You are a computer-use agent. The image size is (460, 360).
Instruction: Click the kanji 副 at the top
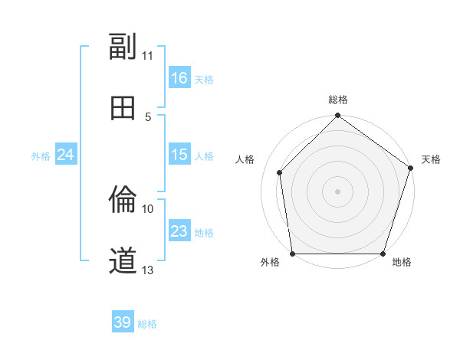(123, 47)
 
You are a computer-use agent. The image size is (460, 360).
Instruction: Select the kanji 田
(123, 108)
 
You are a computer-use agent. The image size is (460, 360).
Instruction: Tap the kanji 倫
(123, 201)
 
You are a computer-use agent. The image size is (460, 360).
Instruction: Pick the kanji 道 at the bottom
(123, 261)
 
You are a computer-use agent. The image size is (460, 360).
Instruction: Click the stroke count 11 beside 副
(148, 56)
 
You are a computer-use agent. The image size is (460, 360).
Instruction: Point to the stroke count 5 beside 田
(148, 116)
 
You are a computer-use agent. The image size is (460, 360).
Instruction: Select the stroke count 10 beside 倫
(148, 208)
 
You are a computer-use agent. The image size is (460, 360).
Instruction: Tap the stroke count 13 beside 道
(148, 270)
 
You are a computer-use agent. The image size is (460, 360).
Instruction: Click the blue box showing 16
(179, 78)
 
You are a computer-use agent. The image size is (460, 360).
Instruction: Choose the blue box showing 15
(179, 155)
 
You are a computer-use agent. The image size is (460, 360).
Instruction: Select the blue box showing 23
(179, 231)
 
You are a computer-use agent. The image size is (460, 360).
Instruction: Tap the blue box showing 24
(66, 155)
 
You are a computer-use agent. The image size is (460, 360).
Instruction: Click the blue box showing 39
(123, 322)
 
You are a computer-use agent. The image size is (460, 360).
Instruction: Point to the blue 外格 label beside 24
(41, 156)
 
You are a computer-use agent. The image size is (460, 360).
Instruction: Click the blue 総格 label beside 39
(147, 324)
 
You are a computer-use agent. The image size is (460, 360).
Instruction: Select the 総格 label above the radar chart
(338, 100)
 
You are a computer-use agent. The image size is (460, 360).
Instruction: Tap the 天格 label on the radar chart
(431, 159)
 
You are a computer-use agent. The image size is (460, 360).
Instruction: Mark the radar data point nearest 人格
(280, 172)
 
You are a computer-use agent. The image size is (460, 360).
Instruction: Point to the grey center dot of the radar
(338, 191)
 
